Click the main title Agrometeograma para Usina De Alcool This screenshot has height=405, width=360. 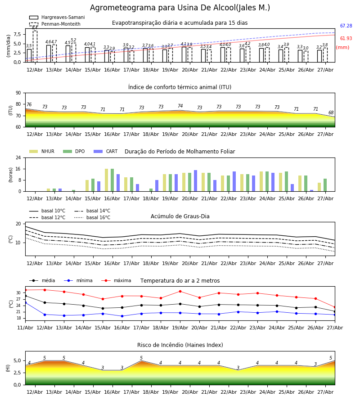coord(180,8)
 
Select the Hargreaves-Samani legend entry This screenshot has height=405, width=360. coord(57,17)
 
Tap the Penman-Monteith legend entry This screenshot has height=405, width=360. coord(55,24)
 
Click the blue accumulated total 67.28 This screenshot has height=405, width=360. coord(346,26)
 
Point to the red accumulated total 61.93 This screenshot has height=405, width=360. coord(346,39)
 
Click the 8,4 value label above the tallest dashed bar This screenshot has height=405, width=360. coord(35,27)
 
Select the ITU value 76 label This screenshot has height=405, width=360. coord(29,104)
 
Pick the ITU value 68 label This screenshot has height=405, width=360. coord(331,112)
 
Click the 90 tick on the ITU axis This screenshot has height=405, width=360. coord(18,93)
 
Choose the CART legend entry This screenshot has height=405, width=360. coord(106,151)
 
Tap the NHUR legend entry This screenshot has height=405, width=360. coord(42,151)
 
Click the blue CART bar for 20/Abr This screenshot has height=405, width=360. coord(195,181)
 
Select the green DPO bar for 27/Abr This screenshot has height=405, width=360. coord(325,185)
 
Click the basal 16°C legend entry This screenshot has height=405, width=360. coord(92,217)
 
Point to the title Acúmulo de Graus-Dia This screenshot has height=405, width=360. coord(180,216)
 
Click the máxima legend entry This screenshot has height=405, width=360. coord(116,280)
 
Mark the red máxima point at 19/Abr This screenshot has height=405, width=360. coord(180,291)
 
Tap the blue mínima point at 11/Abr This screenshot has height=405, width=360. coord(25,302)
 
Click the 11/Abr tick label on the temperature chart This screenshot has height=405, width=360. coord(25,328)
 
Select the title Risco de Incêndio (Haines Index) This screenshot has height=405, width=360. coord(180,345)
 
